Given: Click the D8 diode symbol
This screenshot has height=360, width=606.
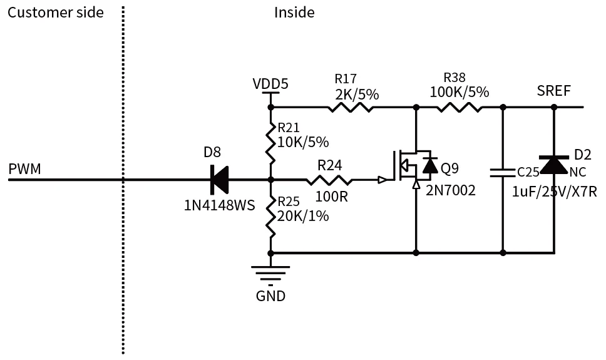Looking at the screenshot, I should (218, 180).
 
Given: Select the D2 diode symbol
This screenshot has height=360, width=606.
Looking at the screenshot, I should (554, 165).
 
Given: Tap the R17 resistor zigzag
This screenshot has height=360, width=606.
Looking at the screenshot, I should (350, 108).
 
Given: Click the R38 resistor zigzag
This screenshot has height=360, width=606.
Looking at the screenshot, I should (460, 108).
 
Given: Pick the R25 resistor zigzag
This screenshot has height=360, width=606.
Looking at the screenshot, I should (270, 215).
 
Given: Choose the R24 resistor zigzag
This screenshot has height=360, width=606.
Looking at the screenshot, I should (329, 180).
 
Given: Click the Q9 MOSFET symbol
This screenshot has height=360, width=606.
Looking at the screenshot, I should (413, 166).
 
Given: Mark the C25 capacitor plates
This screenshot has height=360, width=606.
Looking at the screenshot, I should (503, 172).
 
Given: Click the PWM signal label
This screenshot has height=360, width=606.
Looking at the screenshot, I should (24, 169).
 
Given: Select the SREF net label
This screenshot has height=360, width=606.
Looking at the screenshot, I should (554, 91).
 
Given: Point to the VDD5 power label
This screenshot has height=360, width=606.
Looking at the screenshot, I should (270, 84).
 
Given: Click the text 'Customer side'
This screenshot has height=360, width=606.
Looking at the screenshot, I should (56, 13).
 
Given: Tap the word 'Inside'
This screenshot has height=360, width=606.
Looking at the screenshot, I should (294, 13).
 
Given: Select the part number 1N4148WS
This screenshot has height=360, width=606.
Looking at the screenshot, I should (219, 205).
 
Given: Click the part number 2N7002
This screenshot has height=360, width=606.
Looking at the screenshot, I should (451, 190).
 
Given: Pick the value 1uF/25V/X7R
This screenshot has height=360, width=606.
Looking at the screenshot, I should (554, 192).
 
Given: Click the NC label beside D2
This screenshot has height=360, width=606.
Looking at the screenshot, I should (578, 172).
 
